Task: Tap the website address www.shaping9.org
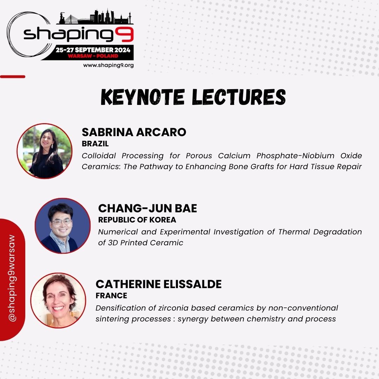pyautogui.click(x=108, y=65)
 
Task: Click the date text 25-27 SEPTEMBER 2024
pyautogui.click(x=93, y=50)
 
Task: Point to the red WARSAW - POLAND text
pyautogui.click(x=93, y=56)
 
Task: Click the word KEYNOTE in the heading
pyautogui.click(x=143, y=97)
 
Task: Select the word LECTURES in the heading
pyautogui.click(x=239, y=97)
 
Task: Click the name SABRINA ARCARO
pyautogui.click(x=134, y=132)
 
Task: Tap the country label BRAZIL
pyautogui.click(x=95, y=144)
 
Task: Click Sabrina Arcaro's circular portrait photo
pyautogui.click(x=45, y=151)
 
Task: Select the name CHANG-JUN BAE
pyautogui.click(x=147, y=208)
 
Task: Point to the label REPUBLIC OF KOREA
pyautogui.click(x=137, y=220)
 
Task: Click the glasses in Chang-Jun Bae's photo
pyautogui.click(x=61, y=222)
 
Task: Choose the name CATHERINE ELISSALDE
pyautogui.click(x=159, y=284)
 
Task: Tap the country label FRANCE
pyautogui.click(x=112, y=295)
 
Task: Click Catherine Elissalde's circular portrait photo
pyautogui.click(x=58, y=300)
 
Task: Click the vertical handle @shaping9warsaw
pyautogui.click(x=12, y=278)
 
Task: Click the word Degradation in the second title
pyautogui.click(x=338, y=232)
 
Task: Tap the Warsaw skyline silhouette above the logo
pyautogui.click(x=95, y=17)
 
